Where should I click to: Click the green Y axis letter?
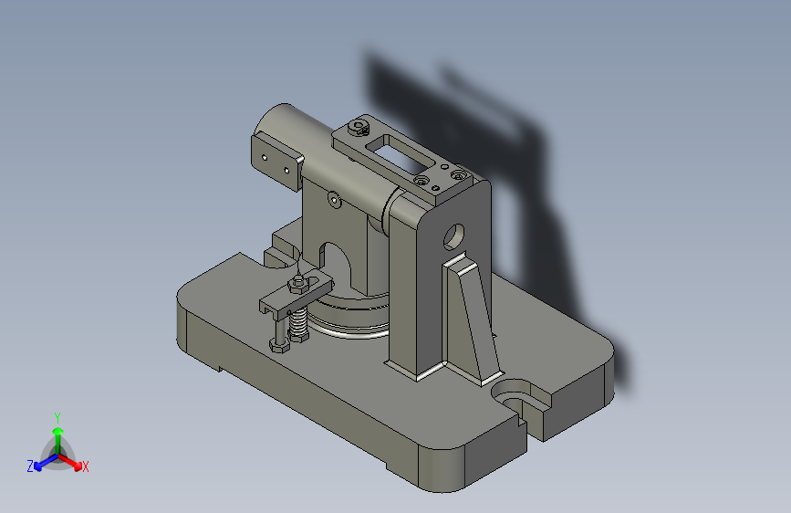[57, 417]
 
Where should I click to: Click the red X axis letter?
[85, 466]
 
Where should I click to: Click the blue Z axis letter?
[30, 466]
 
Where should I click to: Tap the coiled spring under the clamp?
[298, 324]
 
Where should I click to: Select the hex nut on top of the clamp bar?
[298, 286]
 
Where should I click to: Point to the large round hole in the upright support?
[453, 236]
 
